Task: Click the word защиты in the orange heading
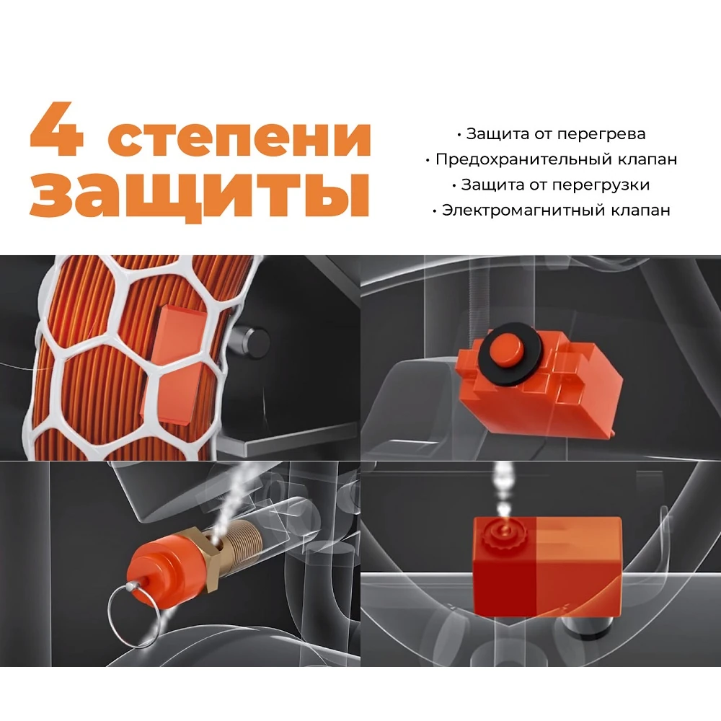200,193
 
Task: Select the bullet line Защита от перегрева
552,134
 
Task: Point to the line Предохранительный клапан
552,159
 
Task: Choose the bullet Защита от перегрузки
552,185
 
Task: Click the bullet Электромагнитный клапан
552,211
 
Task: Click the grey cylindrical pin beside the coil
252,342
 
